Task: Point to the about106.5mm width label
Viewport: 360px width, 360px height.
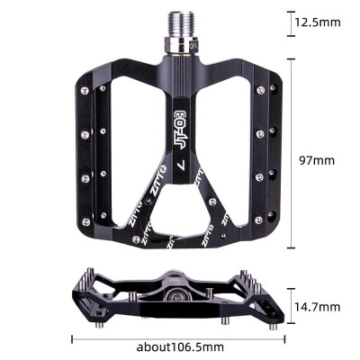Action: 180,346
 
